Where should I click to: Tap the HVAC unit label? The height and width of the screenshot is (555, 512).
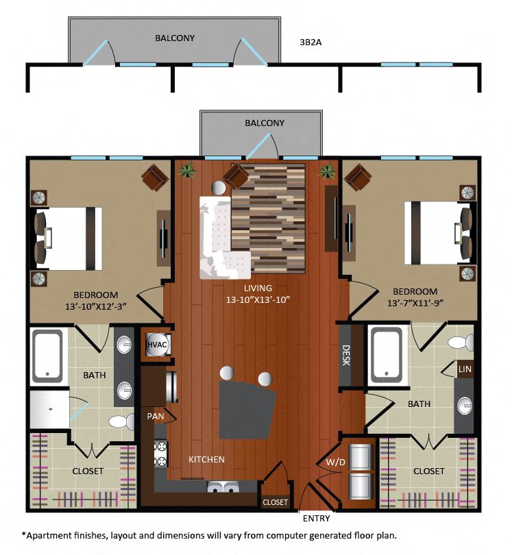(x=155, y=345)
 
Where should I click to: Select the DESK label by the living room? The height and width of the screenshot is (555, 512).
(x=345, y=354)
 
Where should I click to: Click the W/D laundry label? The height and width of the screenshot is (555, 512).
(x=335, y=463)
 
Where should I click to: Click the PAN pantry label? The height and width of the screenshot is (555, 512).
(x=154, y=416)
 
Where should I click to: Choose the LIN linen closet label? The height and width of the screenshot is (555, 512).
(x=465, y=369)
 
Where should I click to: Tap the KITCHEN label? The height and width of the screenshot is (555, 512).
(x=206, y=459)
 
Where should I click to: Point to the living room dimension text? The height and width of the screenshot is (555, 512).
(x=258, y=299)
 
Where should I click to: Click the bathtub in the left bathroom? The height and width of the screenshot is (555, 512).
(x=47, y=356)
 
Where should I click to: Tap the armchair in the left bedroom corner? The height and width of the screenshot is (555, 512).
(x=155, y=178)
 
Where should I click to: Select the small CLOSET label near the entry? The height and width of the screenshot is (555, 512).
(x=275, y=502)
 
